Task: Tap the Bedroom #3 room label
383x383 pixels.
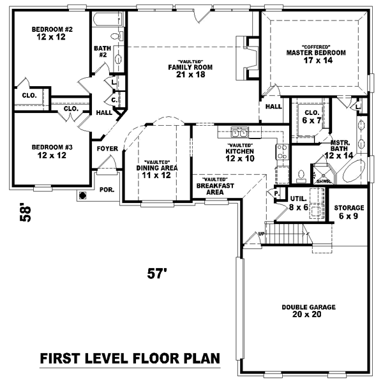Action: [x=52, y=151]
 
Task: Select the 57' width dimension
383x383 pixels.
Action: [x=157, y=274]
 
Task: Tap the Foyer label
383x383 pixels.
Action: [x=107, y=148]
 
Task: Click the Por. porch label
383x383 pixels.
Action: [x=106, y=190]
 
